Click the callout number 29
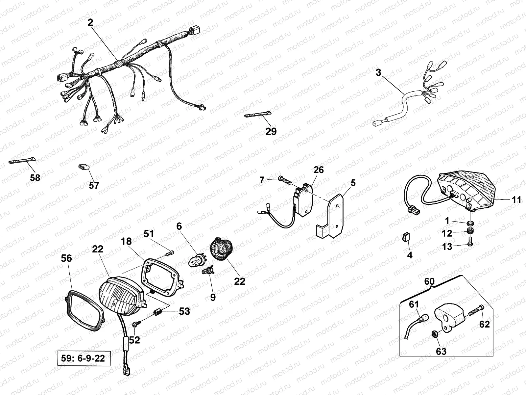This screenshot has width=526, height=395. pyautogui.click(x=271, y=131)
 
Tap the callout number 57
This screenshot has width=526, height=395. pyautogui.click(x=94, y=185)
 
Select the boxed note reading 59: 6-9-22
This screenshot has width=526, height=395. pyautogui.click(x=84, y=358)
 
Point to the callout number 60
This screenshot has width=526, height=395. pyautogui.click(x=429, y=281)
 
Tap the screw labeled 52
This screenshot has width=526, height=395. pyautogui.click(x=135, y=324)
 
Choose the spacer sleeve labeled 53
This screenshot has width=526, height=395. pyautogui.click(x=158, y=312)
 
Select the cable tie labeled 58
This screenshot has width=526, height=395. pyautogui.click(x=22, y=160)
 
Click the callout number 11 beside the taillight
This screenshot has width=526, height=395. pyautogui.click(x=516, y=200)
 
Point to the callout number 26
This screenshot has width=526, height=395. pyautogui.click(x=319, y=170)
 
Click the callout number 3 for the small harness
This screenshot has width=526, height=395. pyautogui.click(x=378, y=72)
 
